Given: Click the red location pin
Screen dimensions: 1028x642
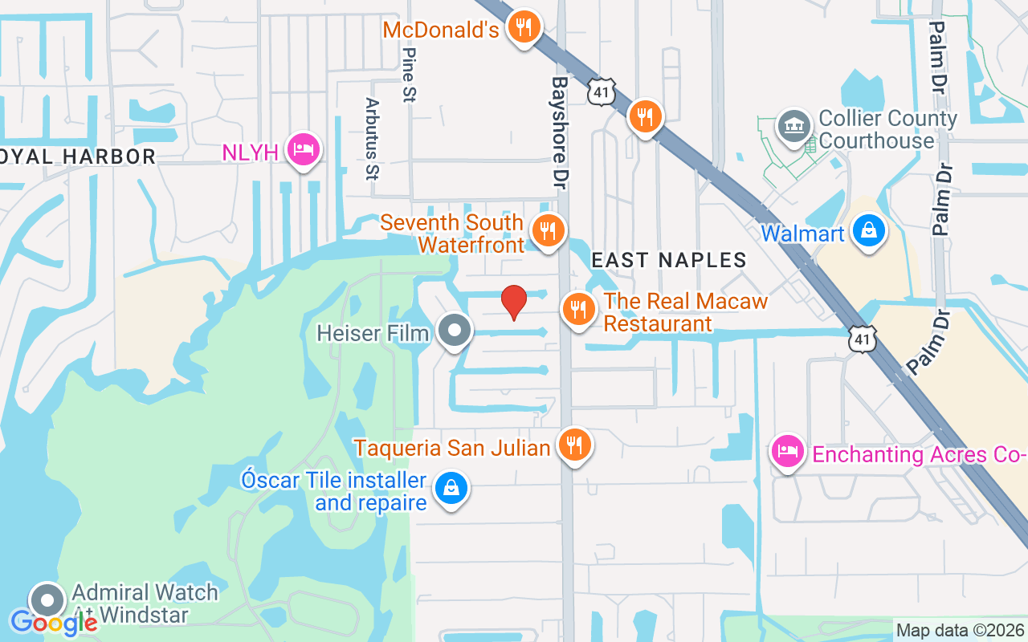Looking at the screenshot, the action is (513, 302).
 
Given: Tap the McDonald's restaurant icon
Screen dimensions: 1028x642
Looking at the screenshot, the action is (524, 29).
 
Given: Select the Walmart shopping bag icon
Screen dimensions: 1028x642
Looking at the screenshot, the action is (868, 232).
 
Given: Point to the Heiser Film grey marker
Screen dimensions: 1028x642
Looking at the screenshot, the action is (455, 331).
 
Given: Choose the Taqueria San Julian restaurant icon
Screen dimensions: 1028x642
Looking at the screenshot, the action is (573, 445).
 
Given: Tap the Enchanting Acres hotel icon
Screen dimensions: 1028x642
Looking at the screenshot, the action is (788, 452).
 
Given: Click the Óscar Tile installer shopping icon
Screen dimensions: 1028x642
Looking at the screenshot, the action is (451, 489).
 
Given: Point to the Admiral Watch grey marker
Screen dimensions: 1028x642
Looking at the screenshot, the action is (47, 601).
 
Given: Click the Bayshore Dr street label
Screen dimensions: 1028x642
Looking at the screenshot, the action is (560, 132).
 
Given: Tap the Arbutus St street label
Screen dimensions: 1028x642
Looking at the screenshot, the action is (371, 139).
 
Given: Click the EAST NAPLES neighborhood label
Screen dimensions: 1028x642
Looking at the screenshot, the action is (669, 260).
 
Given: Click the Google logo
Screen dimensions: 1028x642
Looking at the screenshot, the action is (54, 622).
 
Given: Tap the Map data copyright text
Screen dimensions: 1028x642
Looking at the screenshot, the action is (960, 630).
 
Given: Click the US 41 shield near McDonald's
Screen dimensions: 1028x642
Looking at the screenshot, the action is (601, 91).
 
